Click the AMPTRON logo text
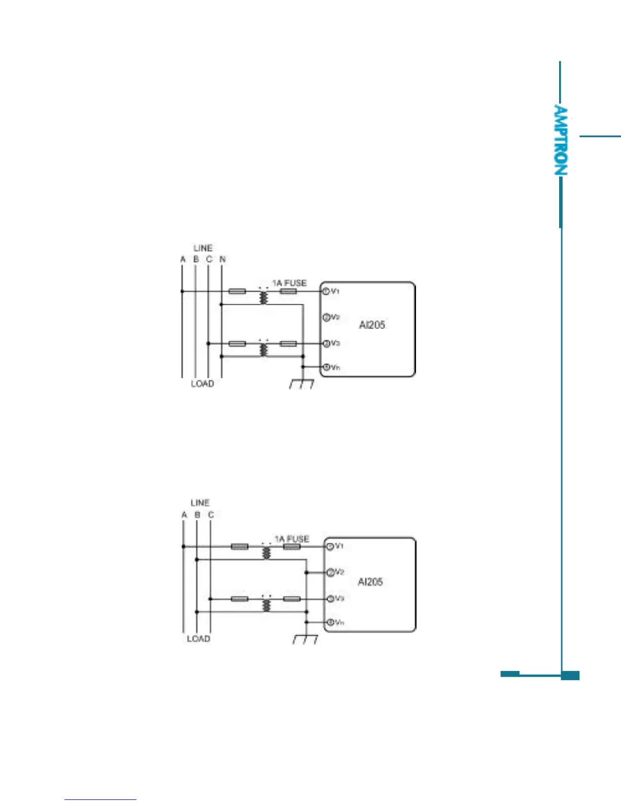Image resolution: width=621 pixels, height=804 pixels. click(560, 141)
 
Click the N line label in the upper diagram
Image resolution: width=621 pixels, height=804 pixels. click(222, 259)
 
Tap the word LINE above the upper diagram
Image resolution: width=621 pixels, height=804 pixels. click(203, 248)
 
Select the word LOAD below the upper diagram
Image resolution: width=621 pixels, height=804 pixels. click(202, 384)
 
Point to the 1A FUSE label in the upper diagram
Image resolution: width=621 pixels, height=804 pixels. click(289, 283)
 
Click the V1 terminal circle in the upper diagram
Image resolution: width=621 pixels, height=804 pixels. click(326, 291)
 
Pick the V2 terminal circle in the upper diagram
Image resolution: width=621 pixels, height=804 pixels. click(326, 317)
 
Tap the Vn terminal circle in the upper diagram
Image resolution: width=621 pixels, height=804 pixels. click(326, 367)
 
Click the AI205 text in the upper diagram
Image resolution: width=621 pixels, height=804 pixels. click(372, 325)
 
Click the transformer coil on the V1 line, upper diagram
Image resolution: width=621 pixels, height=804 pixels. click(263, 297)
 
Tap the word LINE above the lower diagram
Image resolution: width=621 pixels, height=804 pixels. click(200, 503)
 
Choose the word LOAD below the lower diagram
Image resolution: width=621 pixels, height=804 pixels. click(198, 639)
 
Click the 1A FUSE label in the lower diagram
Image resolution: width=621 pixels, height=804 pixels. click(292, 539)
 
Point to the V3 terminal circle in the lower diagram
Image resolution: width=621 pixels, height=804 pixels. click(330, 599)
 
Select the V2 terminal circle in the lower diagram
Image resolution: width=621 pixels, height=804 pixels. click(330, 573)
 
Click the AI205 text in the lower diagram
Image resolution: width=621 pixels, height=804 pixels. click(370, 582)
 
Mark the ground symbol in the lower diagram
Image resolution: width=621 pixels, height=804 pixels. click(305, 639)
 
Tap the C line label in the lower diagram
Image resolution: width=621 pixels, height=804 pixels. click(211, 515)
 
